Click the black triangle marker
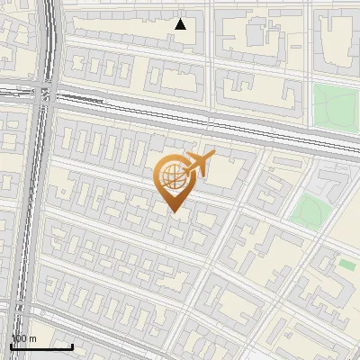[181, 24]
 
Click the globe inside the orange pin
[172, 177]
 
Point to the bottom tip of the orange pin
[174, 212]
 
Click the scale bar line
[40, 346]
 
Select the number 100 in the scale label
[19, 338]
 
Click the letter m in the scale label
[32, 338]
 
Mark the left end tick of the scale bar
[11, 345]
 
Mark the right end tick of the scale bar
[72, 345]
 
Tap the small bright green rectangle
[346, 265]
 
